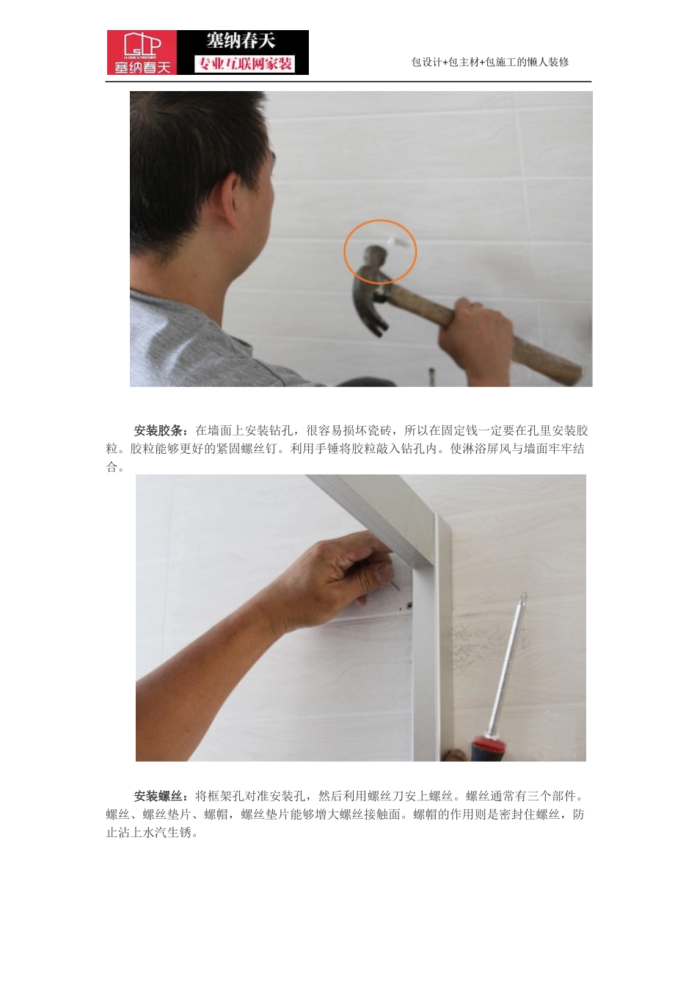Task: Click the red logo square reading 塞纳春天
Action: click(142, 52)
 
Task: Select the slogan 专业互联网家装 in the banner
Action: click(244, 64)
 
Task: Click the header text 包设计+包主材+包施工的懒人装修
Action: click(490, 62)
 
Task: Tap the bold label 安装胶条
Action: click(161, 430)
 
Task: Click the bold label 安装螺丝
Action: click(161, 796)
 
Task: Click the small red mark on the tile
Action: click(398, 609)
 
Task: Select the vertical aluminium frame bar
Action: click(426, 661)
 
